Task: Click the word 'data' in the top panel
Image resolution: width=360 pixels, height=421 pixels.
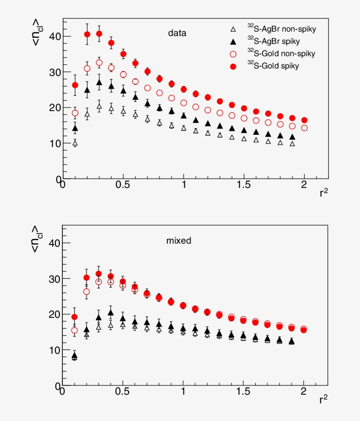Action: click(x=177, y=33)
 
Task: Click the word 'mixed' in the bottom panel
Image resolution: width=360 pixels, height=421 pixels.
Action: click(x=179, y=241)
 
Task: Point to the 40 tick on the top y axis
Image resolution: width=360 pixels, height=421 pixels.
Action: click(x=54, y=36)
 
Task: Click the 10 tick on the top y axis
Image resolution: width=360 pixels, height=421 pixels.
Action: click(x=54, y=144)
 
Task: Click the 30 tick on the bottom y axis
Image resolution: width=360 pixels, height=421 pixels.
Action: click(x=54, y=279)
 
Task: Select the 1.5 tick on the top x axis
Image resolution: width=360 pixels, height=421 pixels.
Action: click(x=244, y=184)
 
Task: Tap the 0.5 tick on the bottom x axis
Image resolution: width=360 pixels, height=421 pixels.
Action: click(x=122, y=392)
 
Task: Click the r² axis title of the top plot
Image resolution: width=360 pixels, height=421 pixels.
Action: click(x=324, y=192)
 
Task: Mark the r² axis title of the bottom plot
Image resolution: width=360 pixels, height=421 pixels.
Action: click(x=324, y=399)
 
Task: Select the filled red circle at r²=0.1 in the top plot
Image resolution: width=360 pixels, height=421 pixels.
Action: click(x=75, y=85)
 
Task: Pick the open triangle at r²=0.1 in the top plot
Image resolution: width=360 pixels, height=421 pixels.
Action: click(x=75, y=143)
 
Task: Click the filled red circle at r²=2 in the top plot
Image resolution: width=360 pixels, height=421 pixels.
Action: click(x=304, y=120)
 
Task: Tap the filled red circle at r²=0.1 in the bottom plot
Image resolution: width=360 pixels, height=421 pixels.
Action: click(x=75, y=317)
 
